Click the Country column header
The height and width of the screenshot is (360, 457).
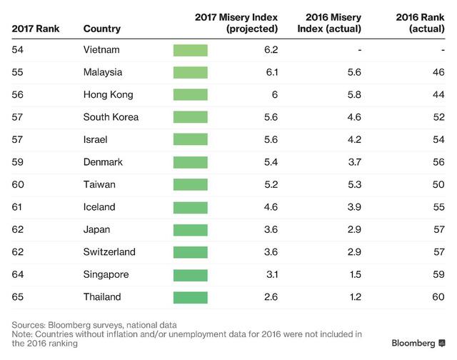tap(101, 29)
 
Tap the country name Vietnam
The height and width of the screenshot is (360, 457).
tap(101, 49)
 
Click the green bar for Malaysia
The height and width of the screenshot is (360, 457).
tap(190, 72)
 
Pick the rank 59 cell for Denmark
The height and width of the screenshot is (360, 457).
tap(19, 162)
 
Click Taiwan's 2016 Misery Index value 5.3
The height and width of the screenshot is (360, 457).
tap(354, 184)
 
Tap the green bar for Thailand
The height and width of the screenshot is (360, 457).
tap(190, 297)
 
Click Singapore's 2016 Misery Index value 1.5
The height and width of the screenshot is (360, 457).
tap(354, 274)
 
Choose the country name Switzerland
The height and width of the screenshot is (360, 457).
tap(109, 252)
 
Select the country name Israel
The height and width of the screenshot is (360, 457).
tap(96, 140)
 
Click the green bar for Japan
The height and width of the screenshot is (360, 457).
tap(190, 229)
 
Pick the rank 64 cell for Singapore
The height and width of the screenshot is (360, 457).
tap(19, 274)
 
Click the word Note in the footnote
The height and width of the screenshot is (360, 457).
tap(23, 334)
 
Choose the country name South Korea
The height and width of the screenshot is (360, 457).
tap(111, 117)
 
